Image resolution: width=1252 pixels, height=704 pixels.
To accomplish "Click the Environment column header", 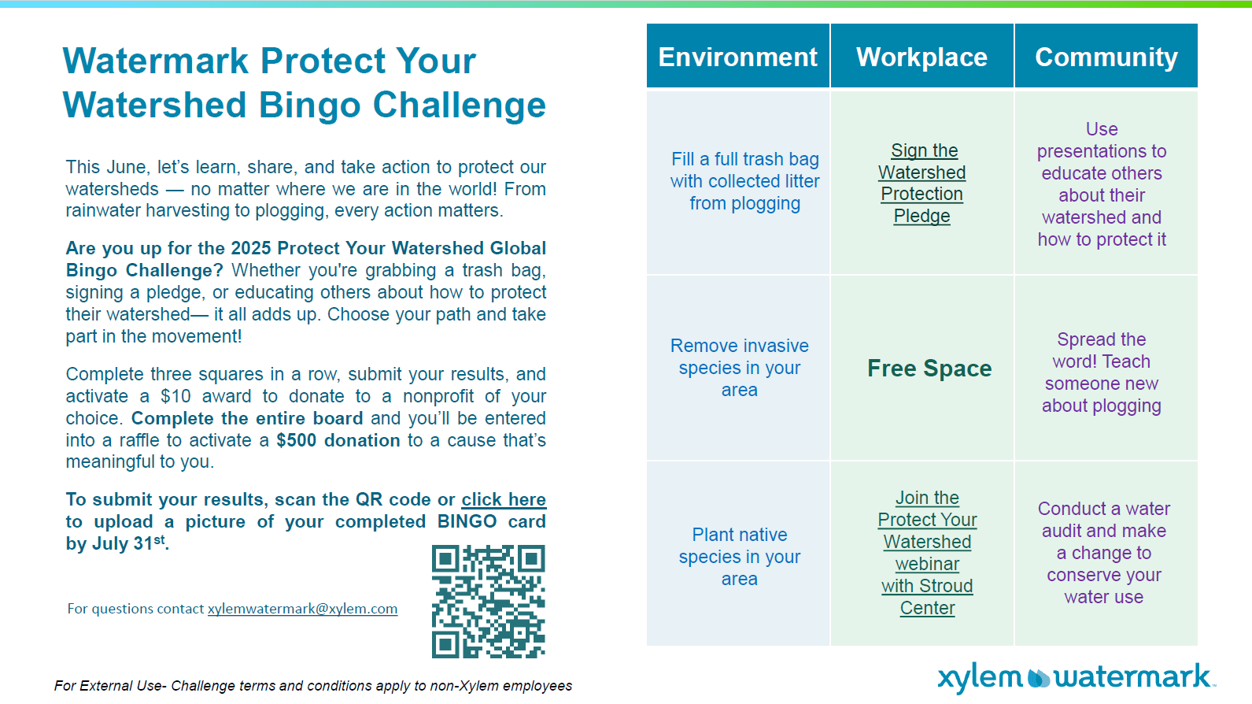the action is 738,56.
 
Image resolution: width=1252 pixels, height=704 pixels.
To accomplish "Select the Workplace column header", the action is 922,56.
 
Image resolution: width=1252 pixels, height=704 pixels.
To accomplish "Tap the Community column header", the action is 1106,56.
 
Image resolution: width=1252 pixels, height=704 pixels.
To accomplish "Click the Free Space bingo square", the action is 929,368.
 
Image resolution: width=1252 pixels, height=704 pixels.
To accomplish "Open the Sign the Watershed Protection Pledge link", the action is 922,183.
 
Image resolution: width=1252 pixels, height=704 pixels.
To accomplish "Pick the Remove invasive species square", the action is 739,368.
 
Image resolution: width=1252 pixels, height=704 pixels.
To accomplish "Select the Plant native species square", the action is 739,557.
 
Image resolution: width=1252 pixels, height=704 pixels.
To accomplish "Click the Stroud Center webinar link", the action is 927,553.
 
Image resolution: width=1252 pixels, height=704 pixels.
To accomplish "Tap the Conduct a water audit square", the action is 1104,553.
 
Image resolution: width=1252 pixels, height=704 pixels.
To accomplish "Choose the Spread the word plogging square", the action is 1102,372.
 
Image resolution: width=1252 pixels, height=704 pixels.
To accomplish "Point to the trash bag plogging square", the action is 744,181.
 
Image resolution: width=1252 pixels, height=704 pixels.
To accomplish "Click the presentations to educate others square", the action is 1102,184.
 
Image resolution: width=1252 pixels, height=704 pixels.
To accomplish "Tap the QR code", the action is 488,601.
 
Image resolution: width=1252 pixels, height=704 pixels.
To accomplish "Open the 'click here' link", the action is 504,499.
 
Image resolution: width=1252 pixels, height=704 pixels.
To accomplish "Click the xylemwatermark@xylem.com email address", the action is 302,609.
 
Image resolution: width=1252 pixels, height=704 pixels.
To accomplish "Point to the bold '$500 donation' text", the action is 338,440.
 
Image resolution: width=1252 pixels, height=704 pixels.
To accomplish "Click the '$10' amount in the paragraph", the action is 175,396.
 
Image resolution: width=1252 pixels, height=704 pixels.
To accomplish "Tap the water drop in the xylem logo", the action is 1039,677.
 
